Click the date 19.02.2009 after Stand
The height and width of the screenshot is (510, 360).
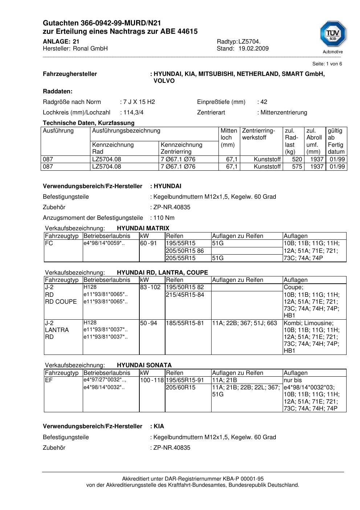tap(253, 49)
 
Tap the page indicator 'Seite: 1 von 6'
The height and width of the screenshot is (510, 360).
tap(327, 64)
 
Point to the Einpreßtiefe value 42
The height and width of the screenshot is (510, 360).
tap(264, 102)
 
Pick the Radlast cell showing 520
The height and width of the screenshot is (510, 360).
tap(297, 159)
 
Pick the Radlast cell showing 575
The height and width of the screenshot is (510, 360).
tap(297, 167)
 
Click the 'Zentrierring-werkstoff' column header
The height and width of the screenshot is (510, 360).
tap(258, 134)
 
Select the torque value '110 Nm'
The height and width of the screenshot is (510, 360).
tap(164, 218)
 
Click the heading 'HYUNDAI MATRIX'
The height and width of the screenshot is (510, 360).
tap(143, 228)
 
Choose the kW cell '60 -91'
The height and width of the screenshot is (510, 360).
tap(148, 243)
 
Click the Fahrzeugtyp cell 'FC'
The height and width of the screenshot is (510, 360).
tap(49, 243)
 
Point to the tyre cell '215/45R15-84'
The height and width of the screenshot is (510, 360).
tap(185, 295)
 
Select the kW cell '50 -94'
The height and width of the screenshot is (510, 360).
tap(148, 323)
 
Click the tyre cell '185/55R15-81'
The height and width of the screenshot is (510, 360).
tap(185, 323)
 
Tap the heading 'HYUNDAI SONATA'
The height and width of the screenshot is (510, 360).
tap(144, 365)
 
